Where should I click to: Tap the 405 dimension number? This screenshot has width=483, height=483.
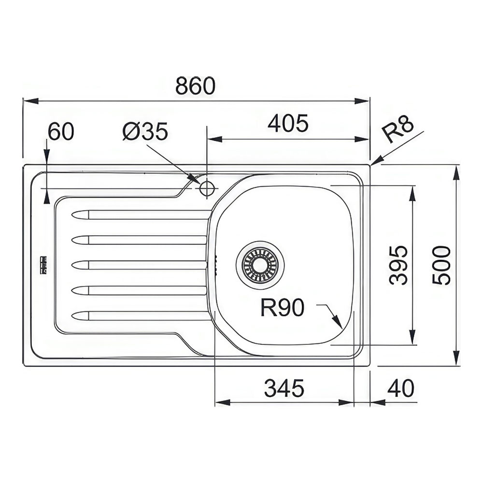288,124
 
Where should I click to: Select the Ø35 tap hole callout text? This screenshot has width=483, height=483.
145,131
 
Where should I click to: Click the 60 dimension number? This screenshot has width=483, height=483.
61,131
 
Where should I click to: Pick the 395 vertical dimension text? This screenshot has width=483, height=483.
398,265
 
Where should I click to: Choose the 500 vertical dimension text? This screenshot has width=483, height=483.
441,265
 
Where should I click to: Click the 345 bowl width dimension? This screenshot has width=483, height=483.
284,388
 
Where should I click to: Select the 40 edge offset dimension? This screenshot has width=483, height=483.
400,388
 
